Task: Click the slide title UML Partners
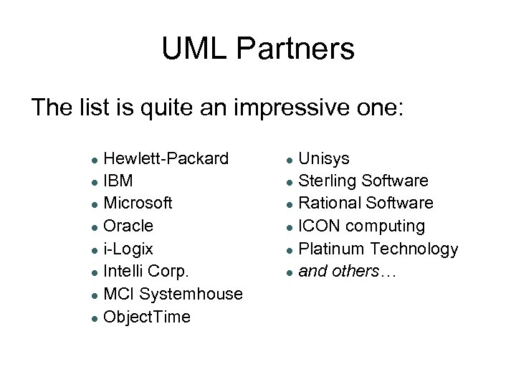pyautogui.click(x=258, y=49)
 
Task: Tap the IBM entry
pyautogui.click(x=118, y=180)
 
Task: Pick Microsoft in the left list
pyautogui.click(x=138, y=203)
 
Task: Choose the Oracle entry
pyautogui.click(x=128, y=226)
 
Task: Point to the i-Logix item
pyautogui.click(x=128, y=249)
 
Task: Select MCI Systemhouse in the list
pyautogui.click(x=173, y=295)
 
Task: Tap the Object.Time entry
pyautogui.click(x=148, y=317)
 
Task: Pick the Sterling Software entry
pyautogui.click(x=363, y=180)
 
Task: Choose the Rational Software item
pyautogui.click(x=365, y=203)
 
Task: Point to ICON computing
pyautogui.click(x=361, y=226)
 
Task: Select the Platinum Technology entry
pyautogui.click(x=378, y=249)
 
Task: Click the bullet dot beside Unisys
pyautogui.click(x=288, y=158)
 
